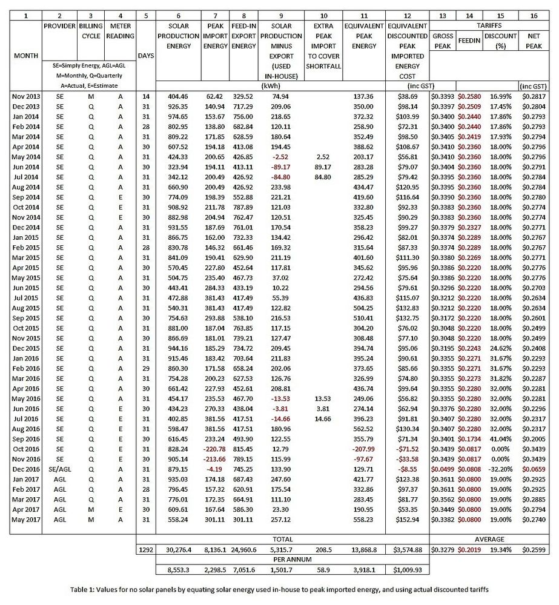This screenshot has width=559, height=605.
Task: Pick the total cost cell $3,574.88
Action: coord(406,550)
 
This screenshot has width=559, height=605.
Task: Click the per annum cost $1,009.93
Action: coord(406,570)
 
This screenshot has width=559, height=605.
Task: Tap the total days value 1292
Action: coord(145,550)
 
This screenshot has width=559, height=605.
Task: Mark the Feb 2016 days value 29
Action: coord(145,368)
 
